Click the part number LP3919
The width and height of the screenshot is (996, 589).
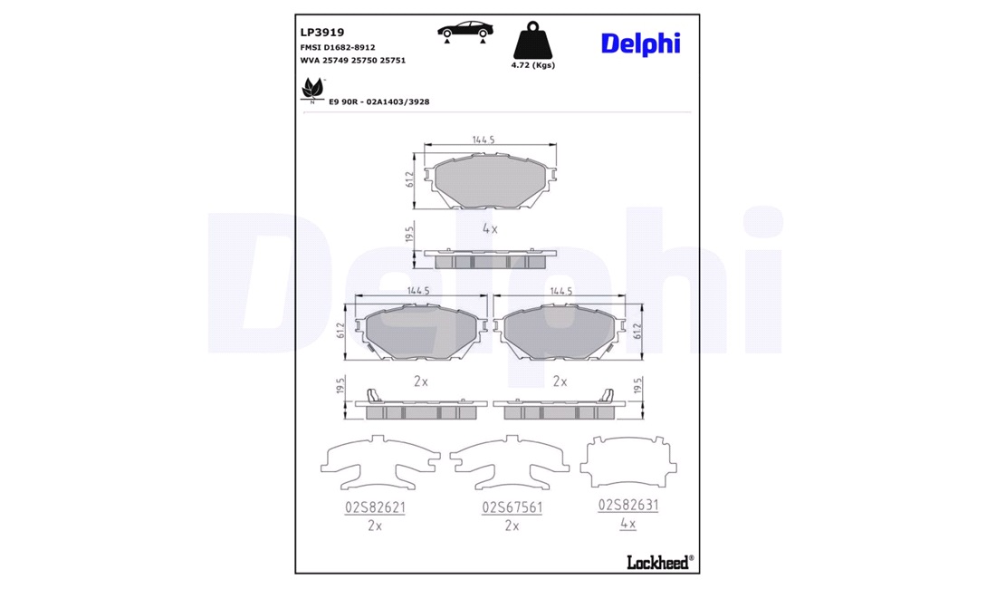[322, 33]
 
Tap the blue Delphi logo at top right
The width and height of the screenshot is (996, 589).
[640, 43]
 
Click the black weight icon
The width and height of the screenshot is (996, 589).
[532, 41]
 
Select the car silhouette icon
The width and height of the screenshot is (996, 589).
[465, 32]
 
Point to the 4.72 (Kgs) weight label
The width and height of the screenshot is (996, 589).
[532, 65]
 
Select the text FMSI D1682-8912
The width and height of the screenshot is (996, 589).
[338, 48]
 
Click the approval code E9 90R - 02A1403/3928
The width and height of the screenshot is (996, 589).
[378, 101]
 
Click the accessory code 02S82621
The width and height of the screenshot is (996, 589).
[375, 507]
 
